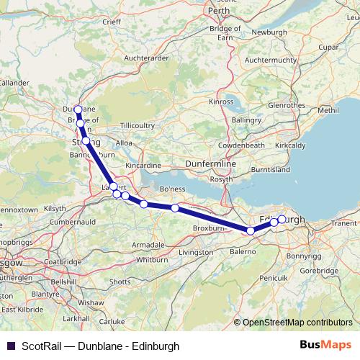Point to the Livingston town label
tap(196, 253)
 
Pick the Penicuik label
tap(274, 276)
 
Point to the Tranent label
tap(343, 224)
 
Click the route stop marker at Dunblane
tap(78, 110)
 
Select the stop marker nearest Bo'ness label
tap(175, 208)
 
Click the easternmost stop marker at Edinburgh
tap(282, 220)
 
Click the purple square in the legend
tap(10, 346)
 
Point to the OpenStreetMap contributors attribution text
tap(297, 322)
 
